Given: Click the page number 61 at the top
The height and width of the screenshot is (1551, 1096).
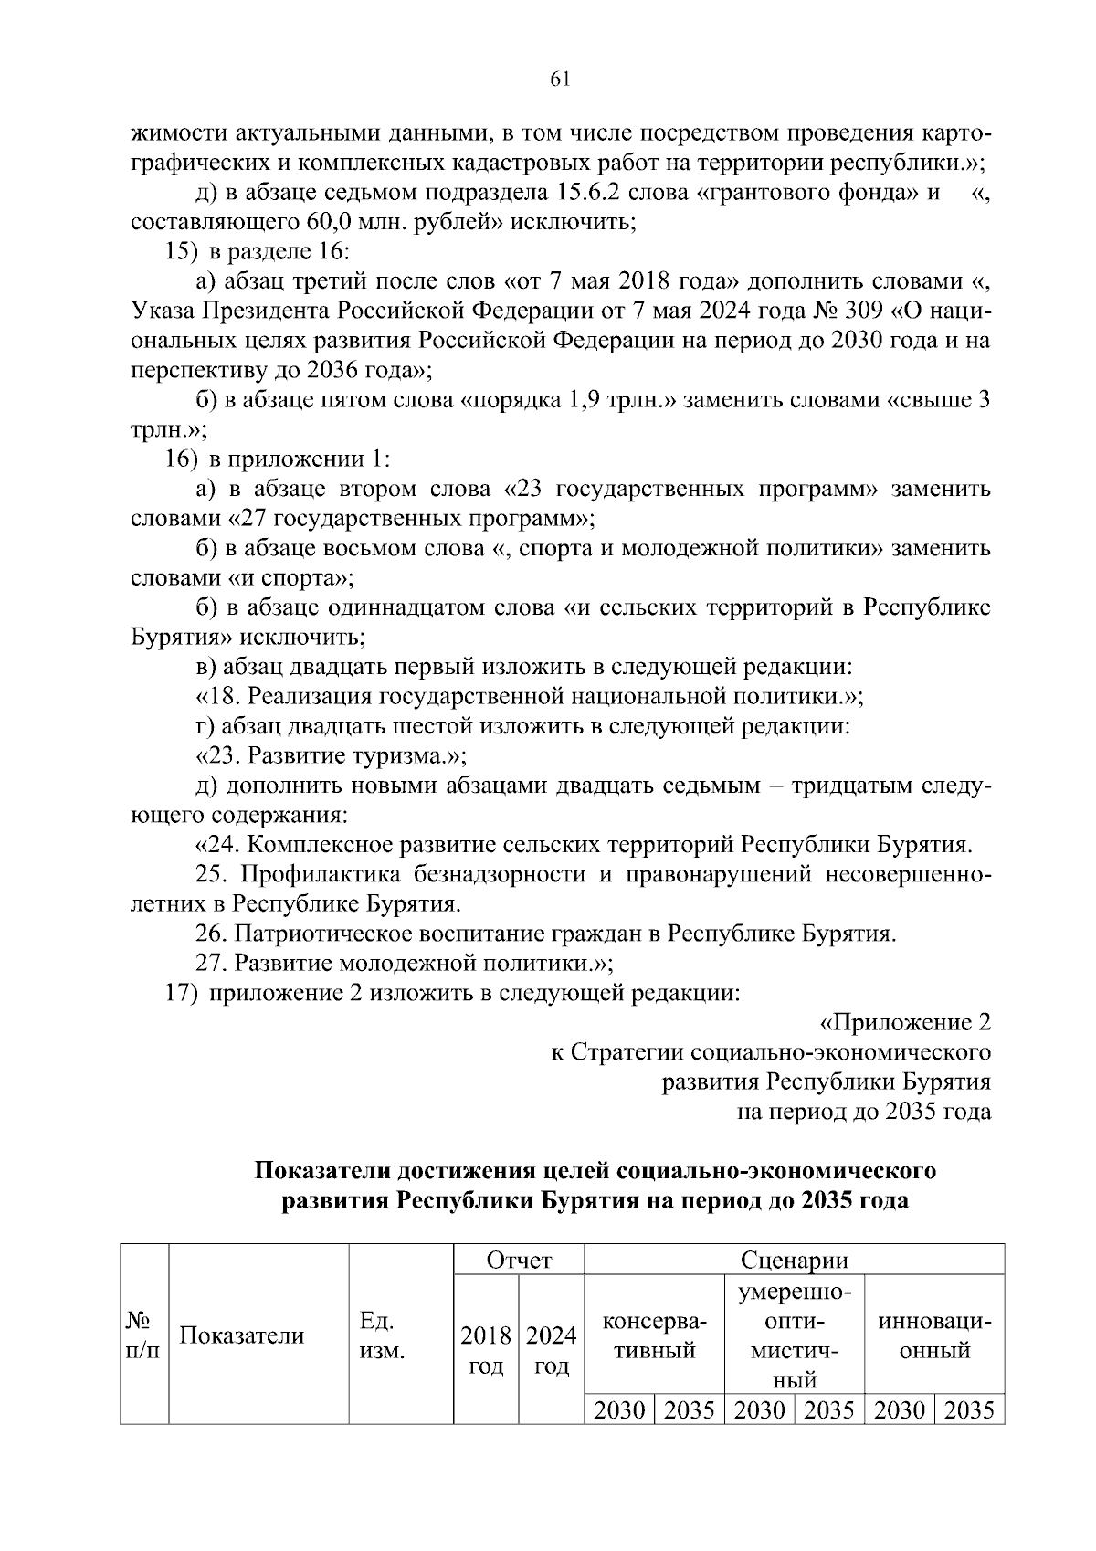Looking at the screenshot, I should click(x=560, y=79).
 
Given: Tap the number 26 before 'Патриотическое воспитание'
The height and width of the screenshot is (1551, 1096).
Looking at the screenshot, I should click(x=212, y=934).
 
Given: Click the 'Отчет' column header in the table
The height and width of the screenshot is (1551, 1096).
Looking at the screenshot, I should click(x=519, y=1261).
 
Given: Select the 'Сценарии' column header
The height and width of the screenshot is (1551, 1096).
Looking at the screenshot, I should click(x=794, y=1261).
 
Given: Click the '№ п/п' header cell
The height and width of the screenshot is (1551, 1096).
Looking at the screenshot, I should click(x=142, y=1335).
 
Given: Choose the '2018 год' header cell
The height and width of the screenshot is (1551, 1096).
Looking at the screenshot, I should click(x=486, y=1351).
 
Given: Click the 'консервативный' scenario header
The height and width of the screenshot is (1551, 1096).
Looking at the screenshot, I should click(x=654, y=1335).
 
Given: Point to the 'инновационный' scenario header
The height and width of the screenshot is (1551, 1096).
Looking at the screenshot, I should click(x=934, y=1335).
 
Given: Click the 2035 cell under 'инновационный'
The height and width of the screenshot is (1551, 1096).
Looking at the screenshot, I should click(x=969, y=1410).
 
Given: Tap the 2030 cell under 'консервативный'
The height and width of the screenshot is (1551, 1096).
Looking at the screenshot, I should click(x=619, y=1410).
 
